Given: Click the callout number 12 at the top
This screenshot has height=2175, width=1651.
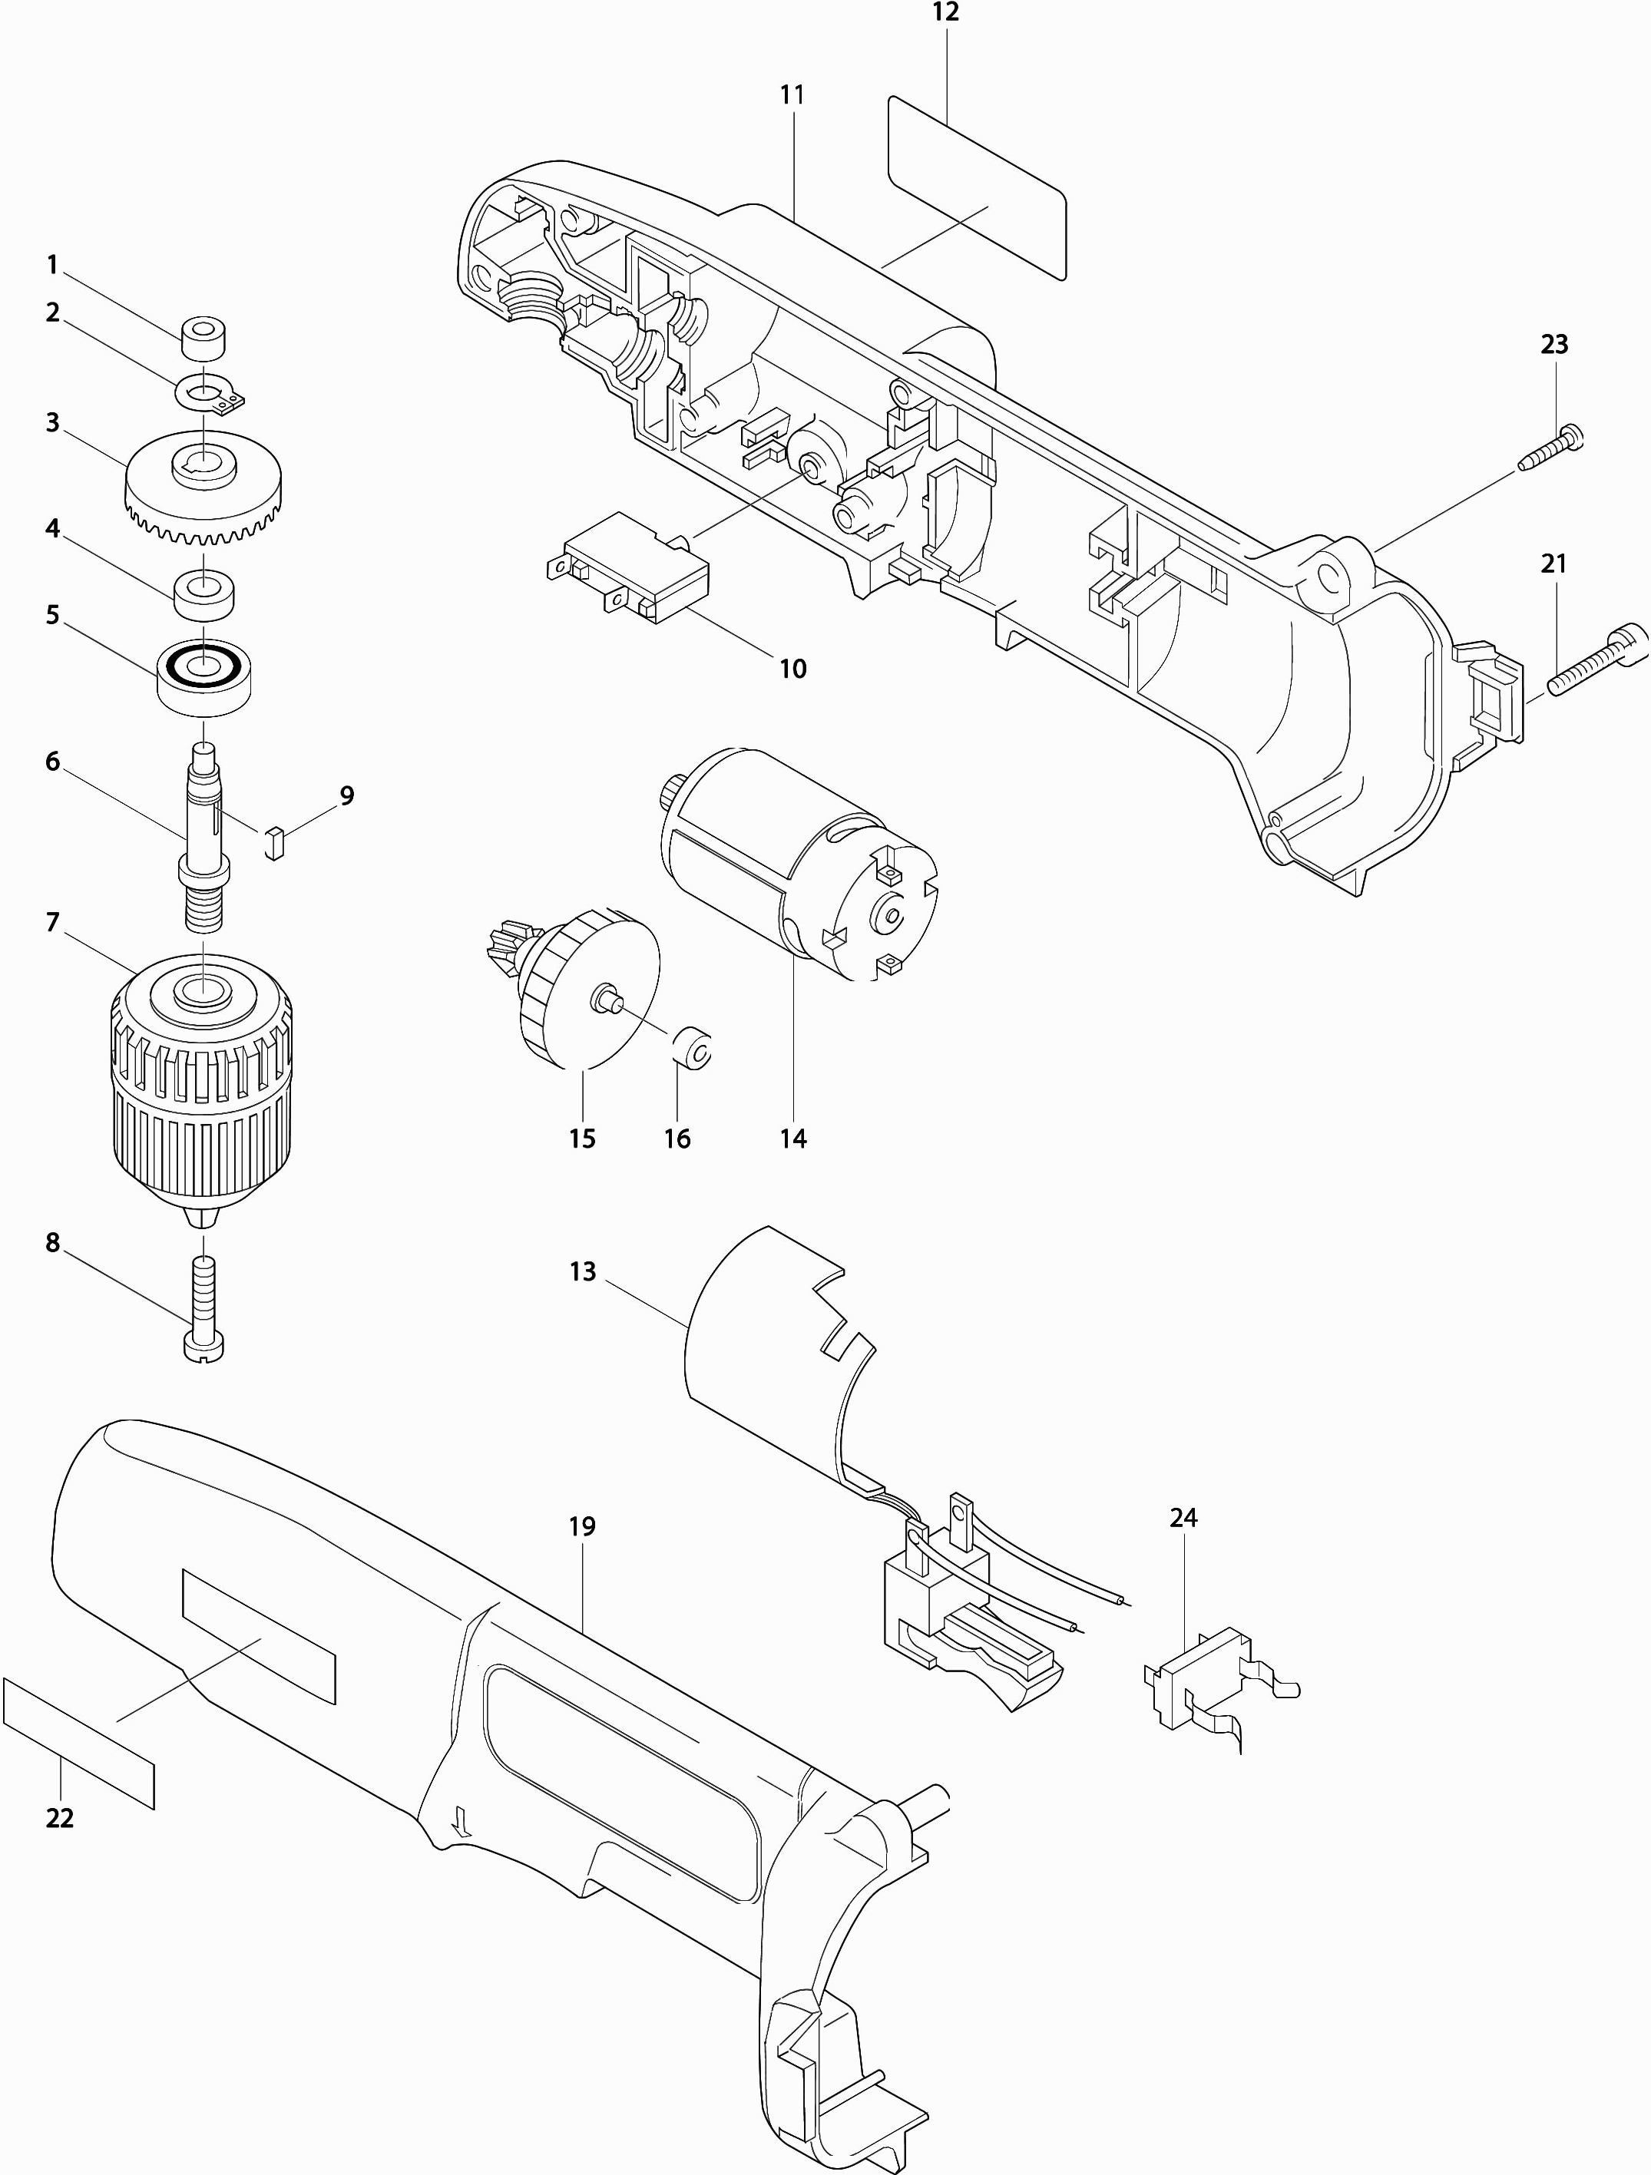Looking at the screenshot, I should tap(945, 13).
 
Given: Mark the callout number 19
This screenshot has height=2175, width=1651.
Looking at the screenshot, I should tap(582, 1527).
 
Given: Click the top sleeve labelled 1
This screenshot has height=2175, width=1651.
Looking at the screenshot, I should tap(203, 339).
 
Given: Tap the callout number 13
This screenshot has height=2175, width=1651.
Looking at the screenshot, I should tap(582, 1271).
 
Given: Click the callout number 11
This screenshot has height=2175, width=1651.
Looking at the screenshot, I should tap(792, 94).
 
